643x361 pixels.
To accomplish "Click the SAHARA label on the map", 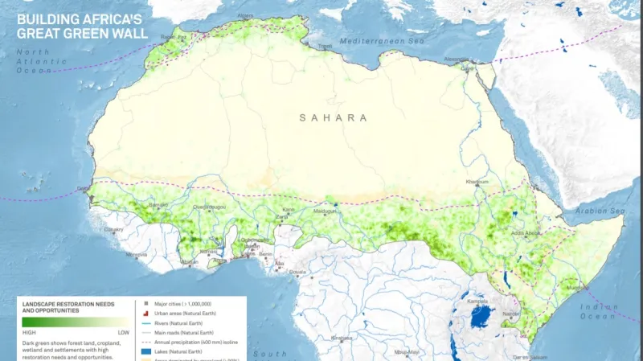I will tap(333, 117).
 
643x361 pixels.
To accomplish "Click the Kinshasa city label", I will tap(342, 338).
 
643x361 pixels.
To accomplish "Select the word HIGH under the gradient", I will tap(30, 332).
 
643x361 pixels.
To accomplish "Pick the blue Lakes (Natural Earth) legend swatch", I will tap(146, 351).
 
